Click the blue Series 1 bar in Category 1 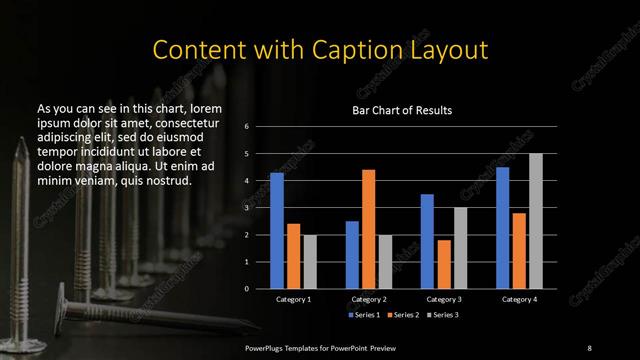pos(277,231)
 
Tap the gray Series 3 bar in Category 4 pos(536,221)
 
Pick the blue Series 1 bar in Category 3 pos(428,241)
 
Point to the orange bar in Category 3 pos(444,264)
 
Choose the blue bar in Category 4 pos(503,227)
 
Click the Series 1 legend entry pos(365,314)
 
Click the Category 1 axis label pos(293,299)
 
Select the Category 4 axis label pos(519,299)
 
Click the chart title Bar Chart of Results pos(402,109)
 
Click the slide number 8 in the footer pos(589,346)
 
